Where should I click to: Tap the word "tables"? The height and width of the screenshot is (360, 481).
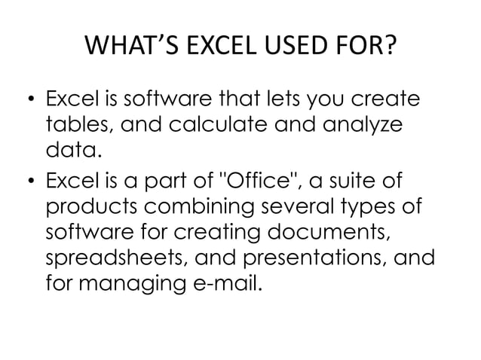(x=76, y=125)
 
